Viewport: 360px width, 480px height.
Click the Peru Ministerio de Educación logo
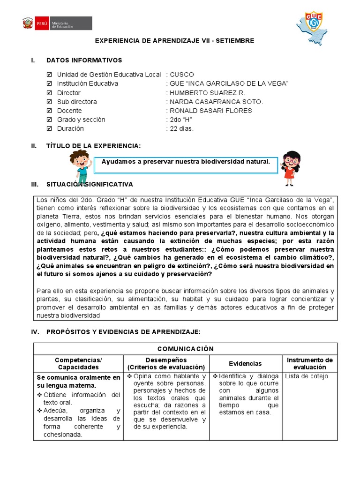coord(57,23)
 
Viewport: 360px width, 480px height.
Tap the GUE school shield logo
coord(313,24)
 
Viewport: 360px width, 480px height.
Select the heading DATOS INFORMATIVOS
coord(84,60)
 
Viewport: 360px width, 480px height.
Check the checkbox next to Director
coord(50,93)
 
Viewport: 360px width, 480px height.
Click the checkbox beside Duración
coord(50,128)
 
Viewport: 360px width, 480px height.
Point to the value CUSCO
coord(181,75)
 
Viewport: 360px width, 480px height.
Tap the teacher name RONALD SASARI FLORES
coord(210,111)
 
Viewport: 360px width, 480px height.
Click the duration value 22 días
coord(181,128)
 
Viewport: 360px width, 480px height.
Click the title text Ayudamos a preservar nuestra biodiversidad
coord(186,162)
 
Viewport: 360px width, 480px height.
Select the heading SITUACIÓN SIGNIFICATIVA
coord(90,184)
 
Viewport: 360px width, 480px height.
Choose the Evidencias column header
coord(245,363)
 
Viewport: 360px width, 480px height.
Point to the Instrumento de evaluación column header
coord(309,363)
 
